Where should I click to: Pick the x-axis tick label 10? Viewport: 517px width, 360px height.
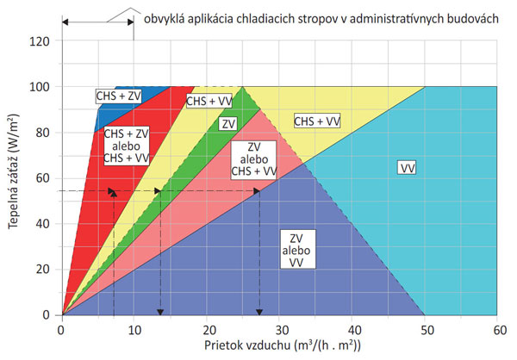pyautogui.click(x=134, y=329)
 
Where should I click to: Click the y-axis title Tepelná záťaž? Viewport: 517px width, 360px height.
pyautogui.click(x=15, y=177)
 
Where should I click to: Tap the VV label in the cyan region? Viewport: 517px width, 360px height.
pyautogui.click(x=408, y=167)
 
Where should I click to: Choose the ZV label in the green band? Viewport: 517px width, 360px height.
pyautogui.click(x=228, y=124)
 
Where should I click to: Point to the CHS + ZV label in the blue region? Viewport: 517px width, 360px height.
pyautogui.click(x=119, y=96)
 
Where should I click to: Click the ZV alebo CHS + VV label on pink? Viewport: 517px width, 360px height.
pyautogui.click(x=253, y=158)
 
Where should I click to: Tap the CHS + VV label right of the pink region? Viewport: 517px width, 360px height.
pyautogui.click(x=317, y=121)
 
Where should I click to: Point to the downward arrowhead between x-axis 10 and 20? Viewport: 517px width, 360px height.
pyautogui.click(x=159, y=310)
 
